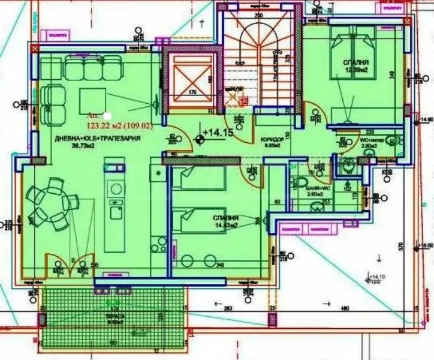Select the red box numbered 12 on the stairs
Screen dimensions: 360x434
(x=243, y=102)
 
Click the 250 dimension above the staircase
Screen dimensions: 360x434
(x=258, y=17)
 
